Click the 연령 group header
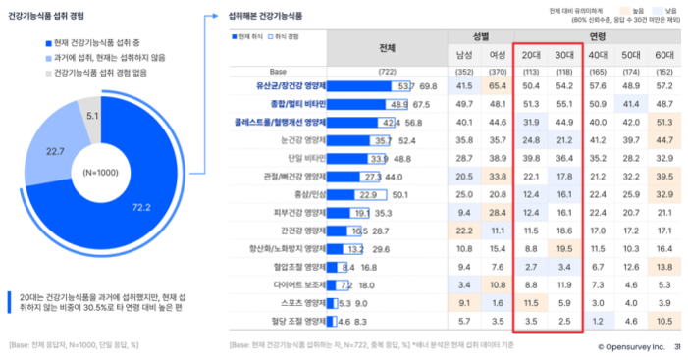point(597,35)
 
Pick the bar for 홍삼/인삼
point(349,194)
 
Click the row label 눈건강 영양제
point(298,140)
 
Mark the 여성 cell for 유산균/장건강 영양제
point(497,86)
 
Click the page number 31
point(678,345)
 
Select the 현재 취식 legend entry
point(245,35)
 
